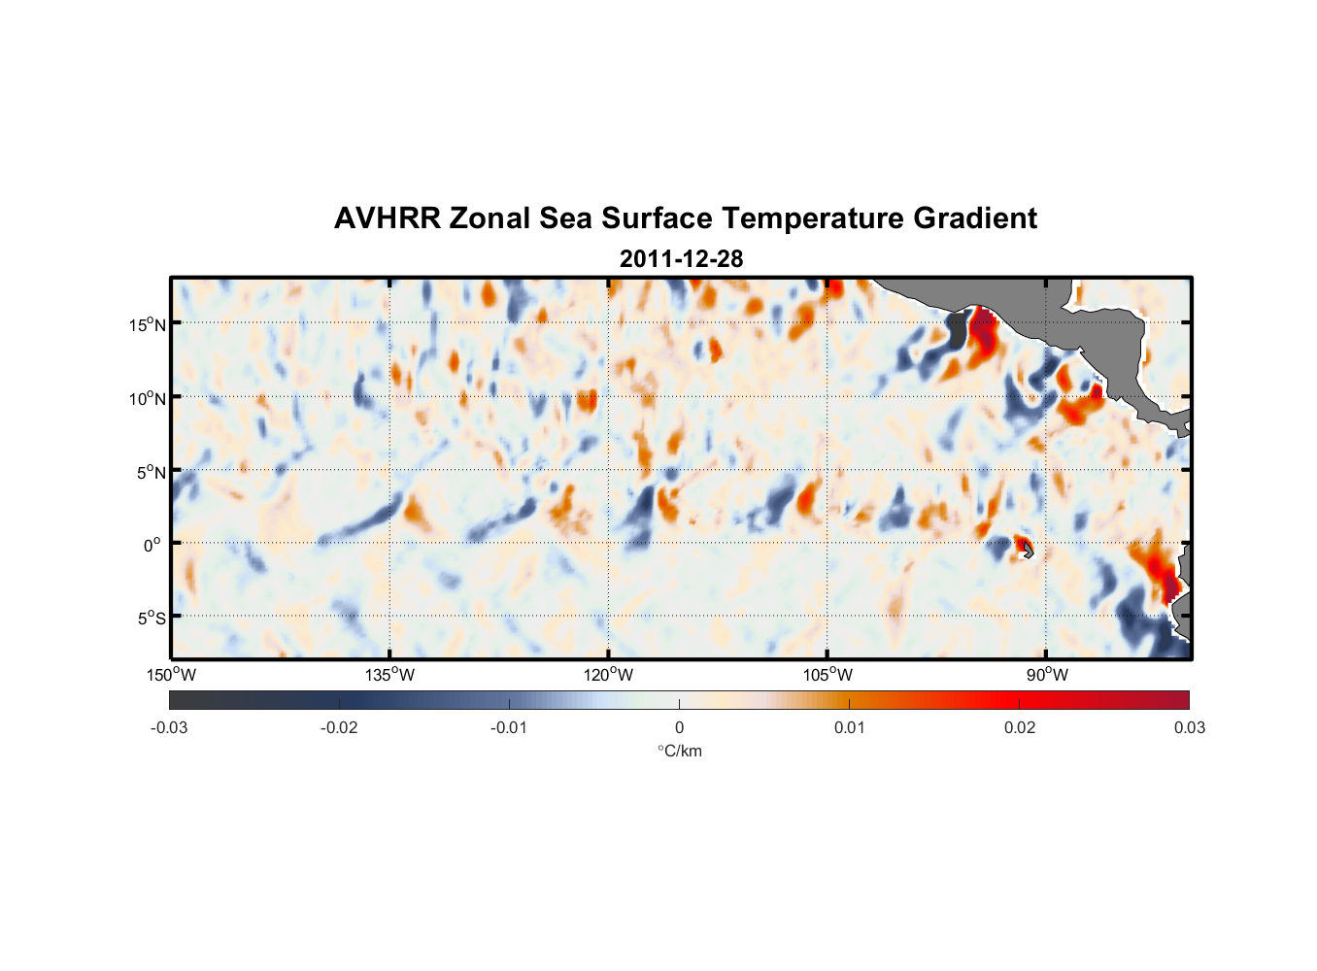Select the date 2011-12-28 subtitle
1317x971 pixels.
pyautogui.click(x=681, y=259)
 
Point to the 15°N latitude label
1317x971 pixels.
pyautogui.click(x=148, y=324)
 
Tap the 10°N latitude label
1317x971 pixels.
pyautogui.click(x=148, y=398)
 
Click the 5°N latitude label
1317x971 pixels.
pyautogui.click(x=151, y=472)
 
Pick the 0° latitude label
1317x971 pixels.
pyautogui.click(x=152, y=545)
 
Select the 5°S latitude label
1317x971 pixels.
pyautogui.click(x=151, y=619)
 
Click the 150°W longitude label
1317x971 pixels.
pyautogui.click(x=172, y=675)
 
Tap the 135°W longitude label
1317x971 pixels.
pyautogui.click(x=390, y=675)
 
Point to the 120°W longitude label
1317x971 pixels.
pyautogui.click(x=609, y=675)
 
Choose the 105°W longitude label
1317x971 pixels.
pyautogui.click(x=827, y=675)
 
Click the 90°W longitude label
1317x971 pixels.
pyautogui.click(x=1047, y=675)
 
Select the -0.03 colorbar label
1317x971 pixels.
pyautogui.click(x=169, y=727)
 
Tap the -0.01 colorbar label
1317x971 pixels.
pyautogui.click(x=509, y=727)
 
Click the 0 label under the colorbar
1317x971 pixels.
pyautogui.click(x=679, y=727)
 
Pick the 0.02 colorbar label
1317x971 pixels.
pyautogui.click(x=1020, y=727)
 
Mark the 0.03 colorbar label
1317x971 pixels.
pyautogui.click(x=1189, y=727)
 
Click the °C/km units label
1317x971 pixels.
pyautogui.click(x=679, y=751)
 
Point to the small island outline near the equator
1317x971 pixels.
pyautogui.click(x=1028, y=551)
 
